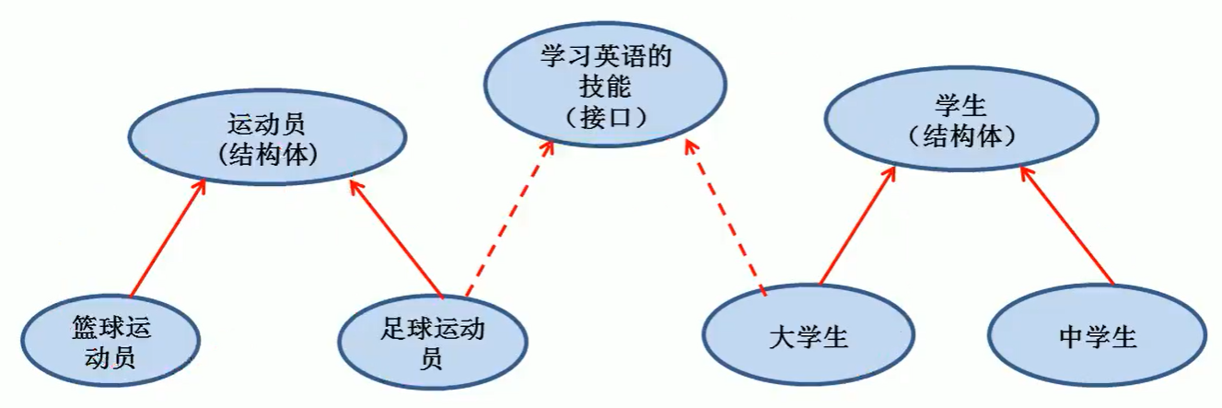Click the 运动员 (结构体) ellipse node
268,138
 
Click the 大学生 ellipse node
808,337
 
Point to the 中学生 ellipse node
1098,337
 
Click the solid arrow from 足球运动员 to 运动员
397,239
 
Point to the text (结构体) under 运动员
268,155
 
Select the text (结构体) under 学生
960,136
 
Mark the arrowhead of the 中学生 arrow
1025,175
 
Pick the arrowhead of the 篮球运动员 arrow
200,186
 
